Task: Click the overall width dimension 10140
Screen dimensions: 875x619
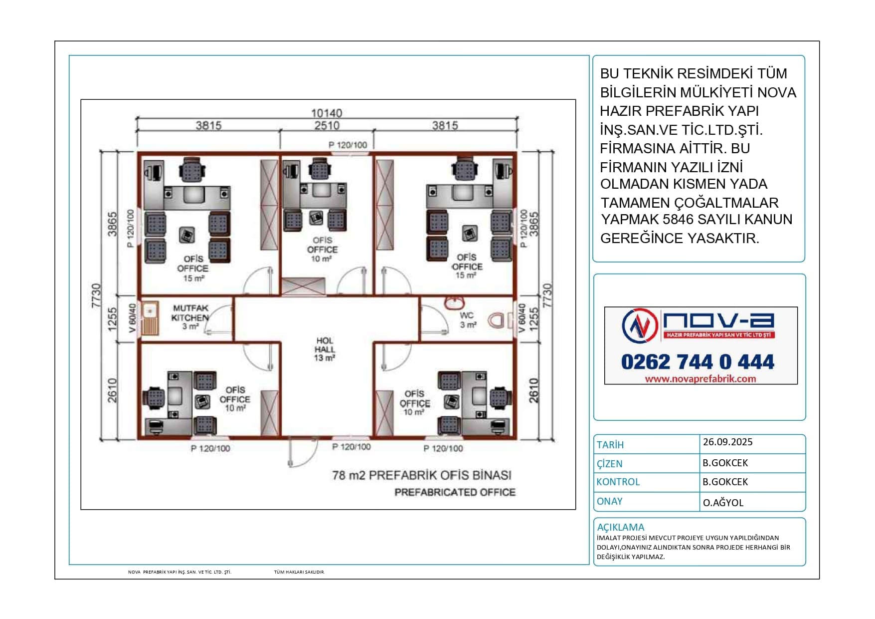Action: (x=327, y=113)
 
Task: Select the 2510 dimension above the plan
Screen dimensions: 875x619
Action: (x=327, y=125)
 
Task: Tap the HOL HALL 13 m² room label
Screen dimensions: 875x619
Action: (x=325, y=349)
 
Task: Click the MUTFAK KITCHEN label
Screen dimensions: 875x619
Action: (x=190, y=313)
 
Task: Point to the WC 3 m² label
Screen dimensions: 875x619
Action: (x=468, y=320)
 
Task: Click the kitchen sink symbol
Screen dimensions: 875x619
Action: (x=150, y=318)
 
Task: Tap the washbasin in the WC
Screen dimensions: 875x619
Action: (x=454, y=303)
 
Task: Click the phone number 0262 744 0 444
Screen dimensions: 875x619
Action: (x=698, y=362)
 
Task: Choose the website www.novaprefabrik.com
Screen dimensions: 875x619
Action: (x=700, y=379)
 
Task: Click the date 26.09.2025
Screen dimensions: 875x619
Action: (x=727, y=442)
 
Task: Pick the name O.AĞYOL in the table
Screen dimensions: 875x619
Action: (x=723, y=503)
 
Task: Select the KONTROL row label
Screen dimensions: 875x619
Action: (x=618, y=482)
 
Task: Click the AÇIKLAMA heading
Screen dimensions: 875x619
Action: (x=620, y=527)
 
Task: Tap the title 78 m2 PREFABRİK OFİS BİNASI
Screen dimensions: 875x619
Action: (x=422, y=475)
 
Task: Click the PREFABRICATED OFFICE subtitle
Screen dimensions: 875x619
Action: (x=455, y=492)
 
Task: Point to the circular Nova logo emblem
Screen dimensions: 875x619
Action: (x=640, y=326)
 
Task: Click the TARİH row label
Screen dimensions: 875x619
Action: (x=610, y=445)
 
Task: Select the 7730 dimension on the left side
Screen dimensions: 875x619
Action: (x=96, y=296)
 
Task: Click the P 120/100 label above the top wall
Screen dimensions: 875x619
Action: (x=348, y=145)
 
